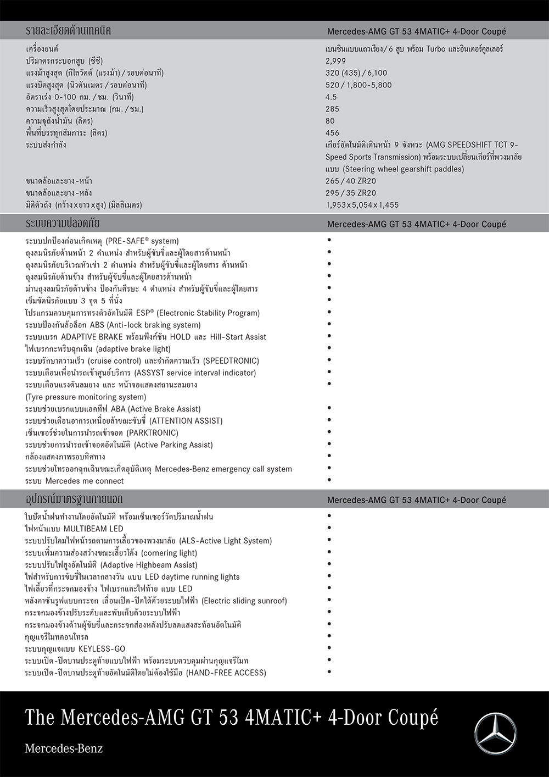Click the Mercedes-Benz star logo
click(x=495, y=734)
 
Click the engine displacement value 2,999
click(x=335, y=61)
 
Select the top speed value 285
click(x=332, y=109)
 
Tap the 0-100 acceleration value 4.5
click(x=331, y=97)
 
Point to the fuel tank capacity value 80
click(x=330, y=121)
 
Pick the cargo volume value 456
click(x=332, y=133)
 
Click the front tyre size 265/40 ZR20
click(x=351, y=181)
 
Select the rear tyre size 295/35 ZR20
click(x=351, y=193)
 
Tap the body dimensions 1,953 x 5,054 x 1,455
click(x=362, y=205)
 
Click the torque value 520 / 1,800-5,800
click(x=358, y=85)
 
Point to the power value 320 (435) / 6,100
click(x=356, y=73)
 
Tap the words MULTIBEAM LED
click(x=93, y=529)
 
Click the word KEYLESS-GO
click(x=102, y=648)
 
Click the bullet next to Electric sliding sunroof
click(x=329, y=600)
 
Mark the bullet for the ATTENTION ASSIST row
click(x=329, y=420)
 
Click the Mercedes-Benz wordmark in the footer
click(x=64, y=748)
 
